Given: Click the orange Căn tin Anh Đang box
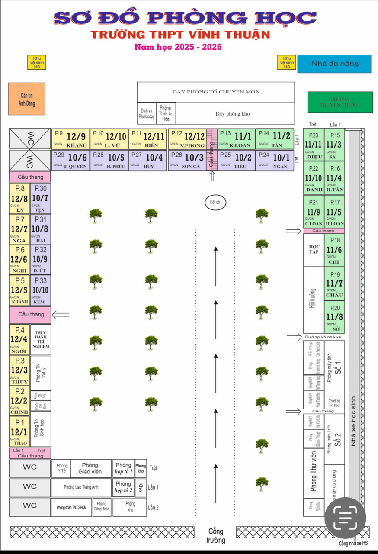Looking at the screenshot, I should [26, 99].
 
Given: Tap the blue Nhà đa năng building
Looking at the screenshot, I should [334, 64].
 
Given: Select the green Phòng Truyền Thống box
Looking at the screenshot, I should [340, 102].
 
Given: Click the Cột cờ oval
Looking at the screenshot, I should [215, 202].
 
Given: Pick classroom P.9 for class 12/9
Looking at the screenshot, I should [70, 139].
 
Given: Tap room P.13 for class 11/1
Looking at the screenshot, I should [236, 139].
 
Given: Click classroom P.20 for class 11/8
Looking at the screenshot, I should [334, 316].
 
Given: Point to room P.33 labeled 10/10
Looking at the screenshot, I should [40, 290].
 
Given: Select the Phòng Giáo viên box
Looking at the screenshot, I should [90, 468].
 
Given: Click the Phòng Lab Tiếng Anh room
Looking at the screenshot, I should [81, 487].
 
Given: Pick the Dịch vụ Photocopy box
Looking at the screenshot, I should [146, 113].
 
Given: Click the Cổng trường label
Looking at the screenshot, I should [216, 536].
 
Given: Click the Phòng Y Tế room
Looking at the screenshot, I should [62, 468].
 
